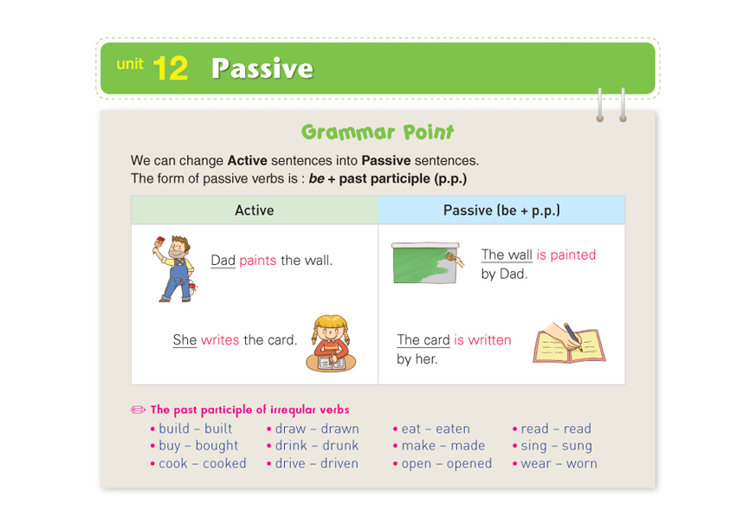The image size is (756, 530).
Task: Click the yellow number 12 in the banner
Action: (171, 68)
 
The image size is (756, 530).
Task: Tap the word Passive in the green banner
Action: (262, 68)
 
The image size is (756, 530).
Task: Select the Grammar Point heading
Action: (378, 132)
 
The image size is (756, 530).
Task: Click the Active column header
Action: (254, 210)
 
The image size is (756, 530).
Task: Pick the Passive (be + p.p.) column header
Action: (501, 210)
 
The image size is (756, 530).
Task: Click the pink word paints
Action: (258, 261)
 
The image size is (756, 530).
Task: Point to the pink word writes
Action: (220, 340)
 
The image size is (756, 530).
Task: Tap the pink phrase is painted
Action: (566, 255)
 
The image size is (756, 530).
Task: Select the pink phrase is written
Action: (482, 340)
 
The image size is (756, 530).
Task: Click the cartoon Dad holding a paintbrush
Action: (176, 268)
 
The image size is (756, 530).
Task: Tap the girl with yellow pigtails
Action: (331, 343)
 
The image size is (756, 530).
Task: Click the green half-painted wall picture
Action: (427, 262)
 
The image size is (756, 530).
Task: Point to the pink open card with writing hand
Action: (569, 343)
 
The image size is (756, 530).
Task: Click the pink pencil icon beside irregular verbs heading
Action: (138, 410)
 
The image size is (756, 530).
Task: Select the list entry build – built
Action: (195, 429)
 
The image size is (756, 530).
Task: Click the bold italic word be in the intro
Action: (316, 178)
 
